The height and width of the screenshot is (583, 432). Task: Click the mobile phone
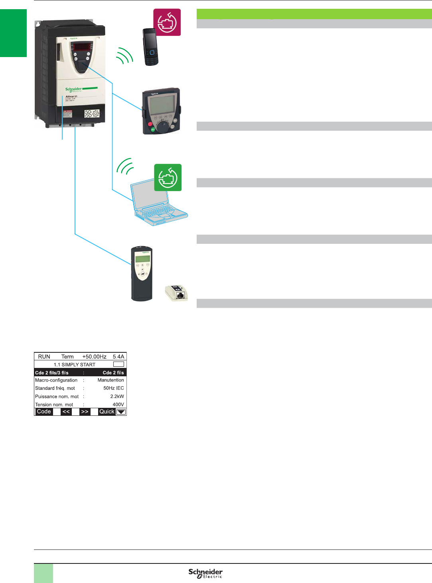pyautogui.click(x=151, y=47)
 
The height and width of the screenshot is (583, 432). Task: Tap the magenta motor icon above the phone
pyautogui.click(x=167, y=22)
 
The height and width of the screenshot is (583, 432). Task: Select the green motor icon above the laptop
pyautogui.click(x=168, y=178)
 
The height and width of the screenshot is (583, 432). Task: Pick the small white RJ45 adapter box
pyautogui.click(x=176, y=293)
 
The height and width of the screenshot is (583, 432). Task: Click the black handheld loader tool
pyautogui.click(x=142, y=274)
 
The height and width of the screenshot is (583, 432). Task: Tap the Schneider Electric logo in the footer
pyautogui.click(x=205, y=573)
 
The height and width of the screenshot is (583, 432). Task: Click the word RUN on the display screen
pyautogui.click(x=44, y=357)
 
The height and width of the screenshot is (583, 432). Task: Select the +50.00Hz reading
pyautogui.click(x=94, y=357)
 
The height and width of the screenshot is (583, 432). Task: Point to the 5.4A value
pyautogui.click(x=118, y=357)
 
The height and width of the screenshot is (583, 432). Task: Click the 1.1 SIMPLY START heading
pyautogui.click(x=75, y=365)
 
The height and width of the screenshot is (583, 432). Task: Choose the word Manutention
pyautogui.click(x=110, y=380)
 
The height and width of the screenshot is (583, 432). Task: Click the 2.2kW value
pyautogui.click(x=117, y=397)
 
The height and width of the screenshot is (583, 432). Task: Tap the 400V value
pyautogui.click(x=118, y=405)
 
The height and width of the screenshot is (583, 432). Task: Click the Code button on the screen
pyautogui.click(x=44, y=412)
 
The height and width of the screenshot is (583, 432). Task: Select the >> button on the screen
pyautogui.click(x=85, y=412)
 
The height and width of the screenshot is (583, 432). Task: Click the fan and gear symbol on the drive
pyautogui.click(x=92, y=114)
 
